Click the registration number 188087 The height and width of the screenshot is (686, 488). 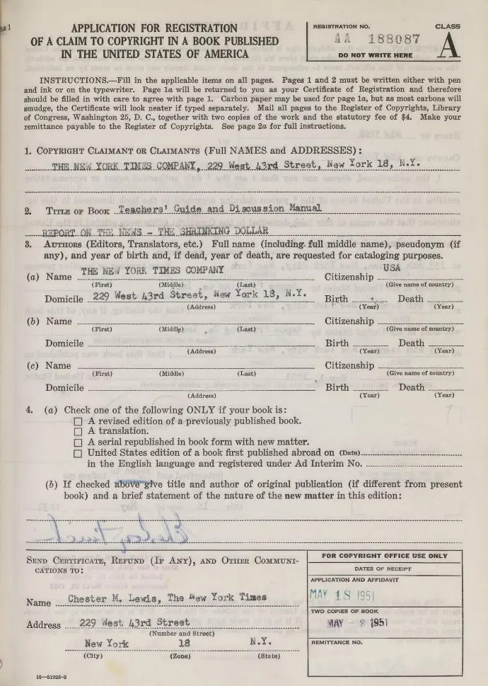390,41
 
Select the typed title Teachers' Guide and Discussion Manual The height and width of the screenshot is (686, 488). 220,209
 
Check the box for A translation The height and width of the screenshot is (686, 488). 79,431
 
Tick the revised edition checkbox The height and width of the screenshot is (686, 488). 79,421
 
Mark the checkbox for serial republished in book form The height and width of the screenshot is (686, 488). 79,442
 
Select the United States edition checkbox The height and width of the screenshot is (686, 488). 79,453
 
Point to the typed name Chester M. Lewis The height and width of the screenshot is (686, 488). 114,598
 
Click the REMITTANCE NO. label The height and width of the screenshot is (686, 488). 337,643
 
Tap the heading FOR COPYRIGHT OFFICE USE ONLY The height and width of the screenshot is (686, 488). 384,556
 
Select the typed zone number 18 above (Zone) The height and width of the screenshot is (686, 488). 185,644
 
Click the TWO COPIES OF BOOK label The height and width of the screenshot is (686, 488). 345,611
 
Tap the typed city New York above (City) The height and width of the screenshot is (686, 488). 106,644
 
